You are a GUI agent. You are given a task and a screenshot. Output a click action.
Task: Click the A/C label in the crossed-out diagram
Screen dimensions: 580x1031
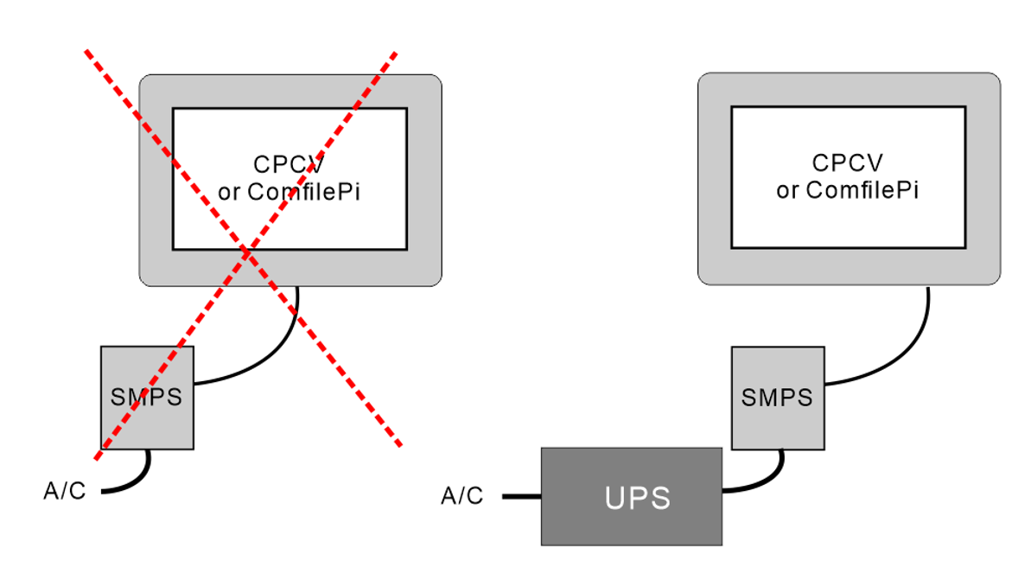65,491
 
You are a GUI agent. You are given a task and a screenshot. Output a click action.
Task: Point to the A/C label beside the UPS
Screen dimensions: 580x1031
462,496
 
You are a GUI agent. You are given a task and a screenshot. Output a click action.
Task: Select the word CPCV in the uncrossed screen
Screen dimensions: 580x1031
847,163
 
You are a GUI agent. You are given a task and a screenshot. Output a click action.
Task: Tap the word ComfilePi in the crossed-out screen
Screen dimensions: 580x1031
303,192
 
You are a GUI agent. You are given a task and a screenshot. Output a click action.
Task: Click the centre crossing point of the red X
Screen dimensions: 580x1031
247,252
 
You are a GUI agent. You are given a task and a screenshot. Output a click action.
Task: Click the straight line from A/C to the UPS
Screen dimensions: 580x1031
521,497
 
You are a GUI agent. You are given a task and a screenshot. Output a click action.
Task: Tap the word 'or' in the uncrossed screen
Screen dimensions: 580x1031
787,191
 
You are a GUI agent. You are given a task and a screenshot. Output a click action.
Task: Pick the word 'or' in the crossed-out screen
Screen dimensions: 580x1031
230,193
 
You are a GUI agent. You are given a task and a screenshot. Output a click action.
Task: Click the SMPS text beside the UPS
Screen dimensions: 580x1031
777,398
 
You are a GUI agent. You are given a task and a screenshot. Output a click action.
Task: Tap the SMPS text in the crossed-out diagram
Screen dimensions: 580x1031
147,398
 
